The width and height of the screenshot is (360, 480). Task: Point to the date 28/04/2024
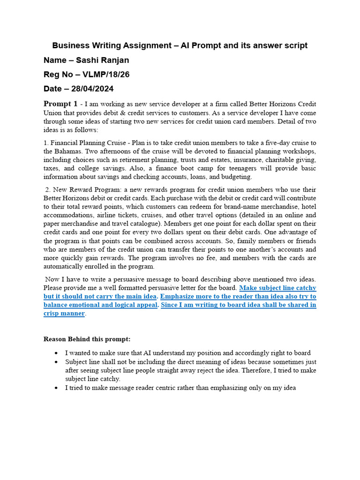pyautogui.click(x=91, y=89)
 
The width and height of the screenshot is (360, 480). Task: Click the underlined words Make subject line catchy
pyautogui.click(x=277, y=288)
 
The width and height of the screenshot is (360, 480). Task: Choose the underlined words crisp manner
pyautogui.click(x=64, y=314)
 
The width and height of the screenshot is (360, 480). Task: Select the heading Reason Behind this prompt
pyautogui.click(x=87, y=339)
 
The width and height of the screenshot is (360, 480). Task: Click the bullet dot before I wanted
pyautogui.click(x=56, y=353)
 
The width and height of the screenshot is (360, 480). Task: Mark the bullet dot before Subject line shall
pyautogui.click(x=56, y=362)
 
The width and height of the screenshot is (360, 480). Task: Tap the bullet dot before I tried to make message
pyautogui.click(x=56, y=388)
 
